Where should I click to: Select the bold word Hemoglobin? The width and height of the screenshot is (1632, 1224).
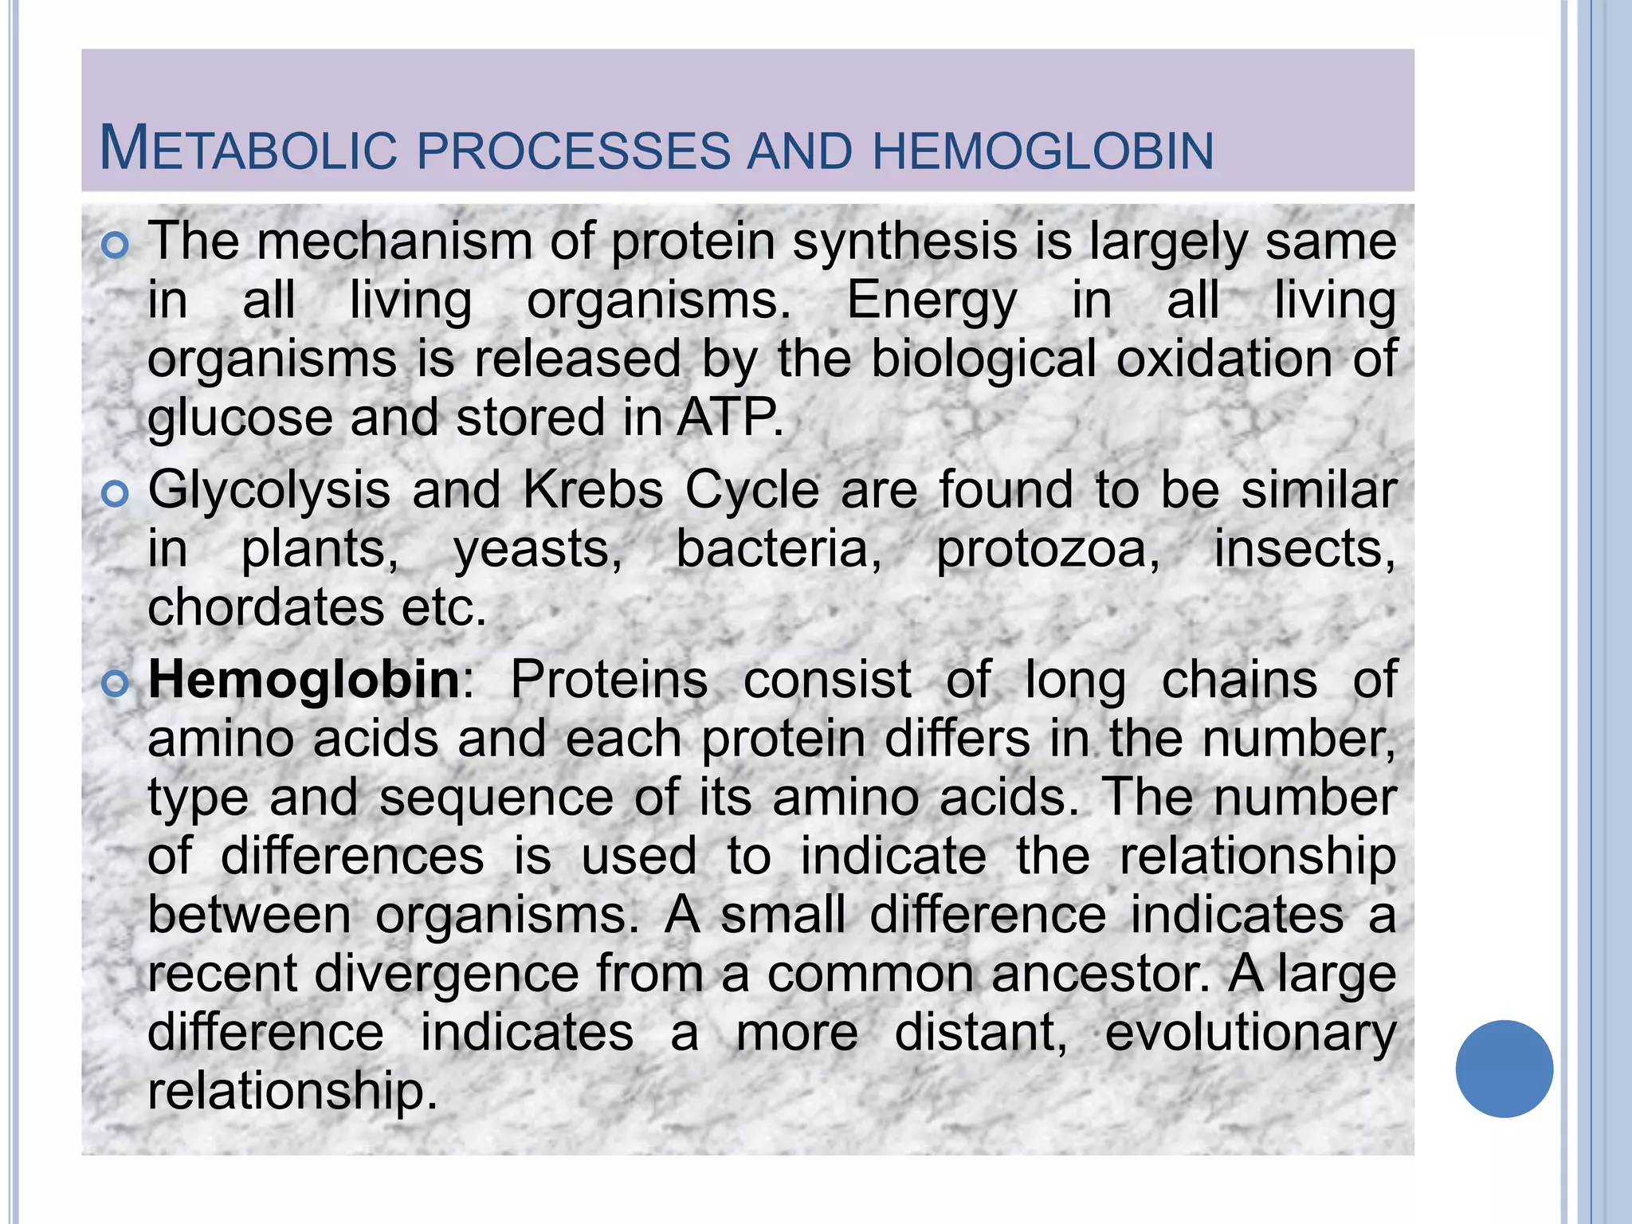304,680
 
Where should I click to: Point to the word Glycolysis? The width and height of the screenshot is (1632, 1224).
269,490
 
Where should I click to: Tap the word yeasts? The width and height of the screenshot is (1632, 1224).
537,550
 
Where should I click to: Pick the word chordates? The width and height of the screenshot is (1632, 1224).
265,607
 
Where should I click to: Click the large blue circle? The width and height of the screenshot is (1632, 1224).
1504,1068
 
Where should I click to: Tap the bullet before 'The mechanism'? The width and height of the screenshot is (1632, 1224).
116,246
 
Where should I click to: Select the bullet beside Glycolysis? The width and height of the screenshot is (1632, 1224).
116,495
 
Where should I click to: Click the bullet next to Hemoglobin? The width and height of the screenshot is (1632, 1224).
116,684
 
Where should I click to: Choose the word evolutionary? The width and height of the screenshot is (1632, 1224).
1249,1034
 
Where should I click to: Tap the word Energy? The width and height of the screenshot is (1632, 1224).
931,301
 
